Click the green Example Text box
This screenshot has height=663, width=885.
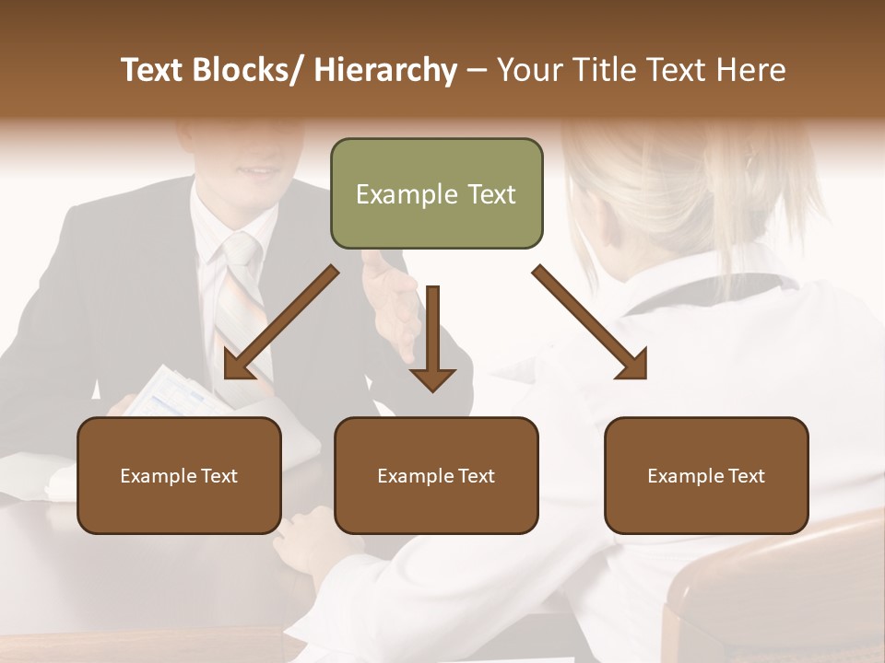coord(436,193)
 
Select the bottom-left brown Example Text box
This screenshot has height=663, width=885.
coord(179,475)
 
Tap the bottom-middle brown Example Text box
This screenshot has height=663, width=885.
coord(436,475)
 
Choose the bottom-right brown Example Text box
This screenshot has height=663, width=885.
coord(706,475)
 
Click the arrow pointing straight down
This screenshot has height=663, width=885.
coord(432,341)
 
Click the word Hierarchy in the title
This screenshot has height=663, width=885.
coord(385,70)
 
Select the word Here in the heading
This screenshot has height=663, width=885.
coord(752,70)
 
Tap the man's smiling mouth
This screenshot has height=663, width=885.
coord(258,170)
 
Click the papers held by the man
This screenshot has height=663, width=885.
coord(180,391)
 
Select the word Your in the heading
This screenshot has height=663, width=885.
coord(528,70)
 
